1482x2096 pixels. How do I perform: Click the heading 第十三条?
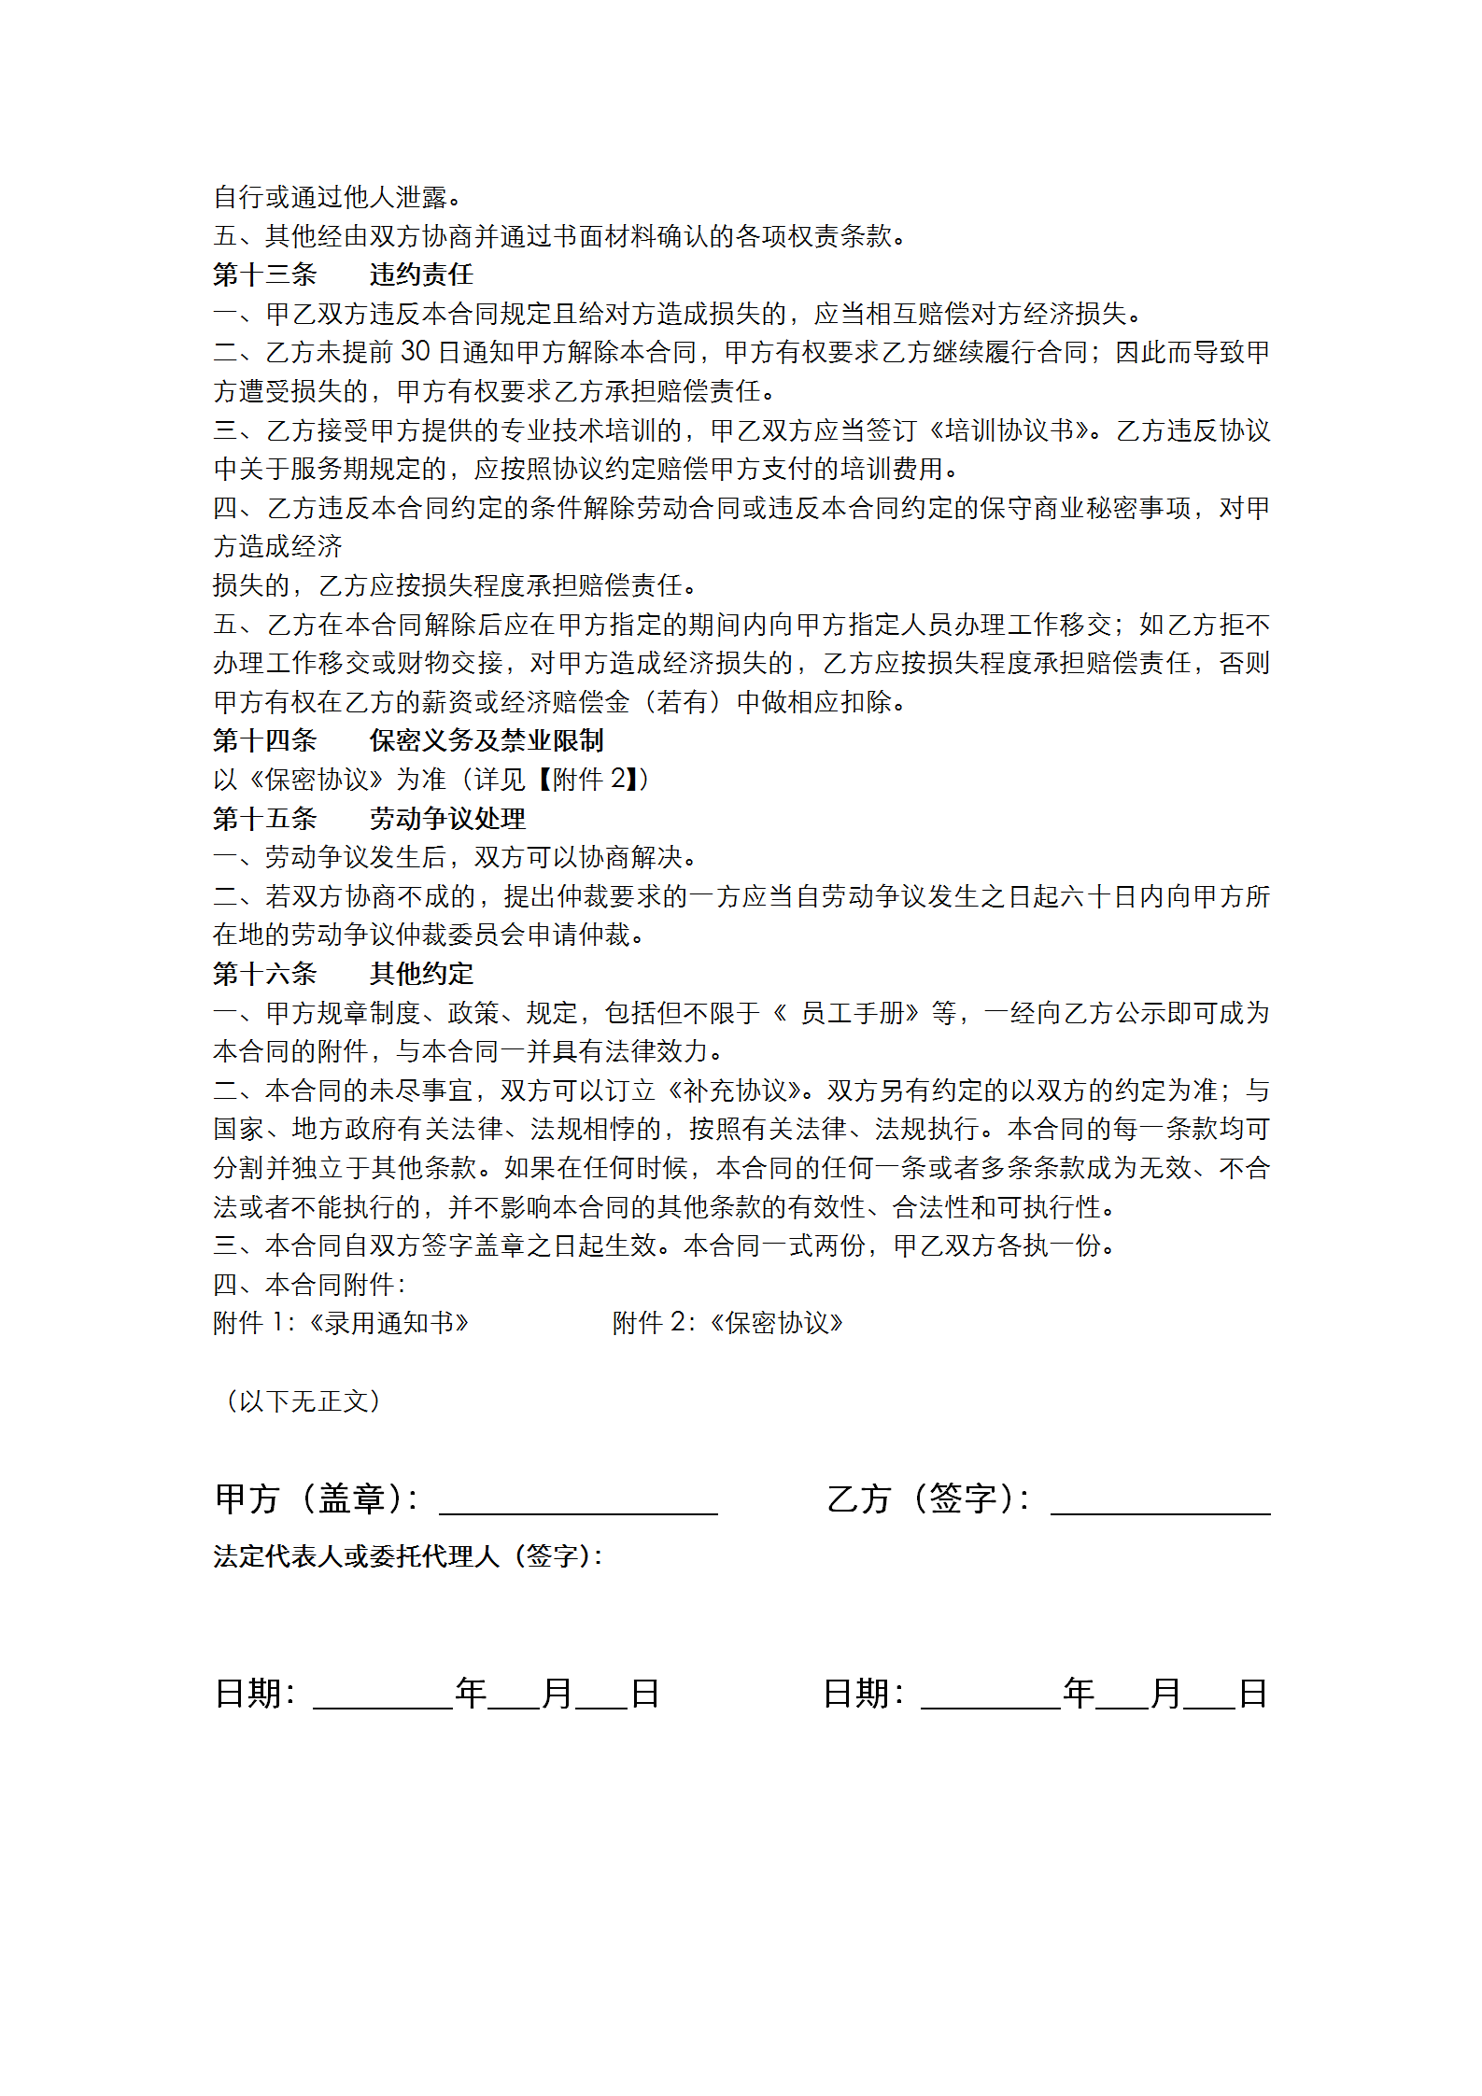click(x=265, y=274)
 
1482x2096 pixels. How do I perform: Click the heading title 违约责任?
click(x=421, y=274)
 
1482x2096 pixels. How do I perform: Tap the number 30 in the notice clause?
click(x=416, y=352)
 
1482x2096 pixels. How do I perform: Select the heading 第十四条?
click(x=265, y=740)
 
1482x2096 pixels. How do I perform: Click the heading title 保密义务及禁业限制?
click(x=487, y=740)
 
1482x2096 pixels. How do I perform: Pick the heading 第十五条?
click(x=265, y=819)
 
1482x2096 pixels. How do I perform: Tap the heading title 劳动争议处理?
click(x=447, y=819)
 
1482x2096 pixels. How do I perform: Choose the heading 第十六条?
click(x=265, y=974)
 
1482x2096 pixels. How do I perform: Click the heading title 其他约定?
click(x=421, y=974)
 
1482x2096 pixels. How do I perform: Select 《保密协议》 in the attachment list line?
click(x=776, y=1323)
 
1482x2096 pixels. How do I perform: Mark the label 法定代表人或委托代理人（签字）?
click(x=408, y=1556)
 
